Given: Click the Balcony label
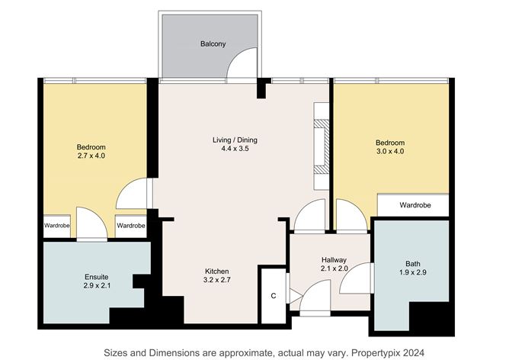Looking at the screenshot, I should tap(213, 44).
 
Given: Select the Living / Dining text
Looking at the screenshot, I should tap(235, 140).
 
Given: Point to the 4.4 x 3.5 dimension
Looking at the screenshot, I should tap(235, 149).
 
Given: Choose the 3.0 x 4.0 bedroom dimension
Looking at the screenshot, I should tap(389, 153).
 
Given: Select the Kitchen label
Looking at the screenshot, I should tap(216, 272).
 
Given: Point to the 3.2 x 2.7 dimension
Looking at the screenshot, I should tap(216, 282).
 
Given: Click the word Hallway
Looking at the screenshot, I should tap(334, 259).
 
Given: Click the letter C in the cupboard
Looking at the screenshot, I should tap(272, 296).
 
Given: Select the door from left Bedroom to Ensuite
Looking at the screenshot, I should tap(89, 223).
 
